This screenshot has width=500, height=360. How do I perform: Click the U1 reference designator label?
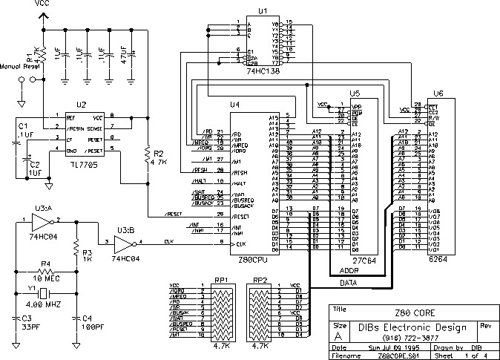click(x=262, y=10)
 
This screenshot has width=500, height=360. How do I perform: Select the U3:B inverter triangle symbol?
click(x=122, y=242)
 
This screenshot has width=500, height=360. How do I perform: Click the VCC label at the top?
click(x=43, y=4)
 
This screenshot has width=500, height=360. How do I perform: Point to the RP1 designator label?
click(x=222, y=280)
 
